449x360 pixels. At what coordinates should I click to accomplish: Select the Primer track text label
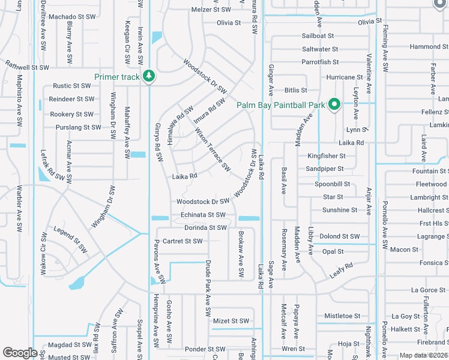tap(116, 77)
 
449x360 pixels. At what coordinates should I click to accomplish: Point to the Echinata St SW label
tap(203, 215)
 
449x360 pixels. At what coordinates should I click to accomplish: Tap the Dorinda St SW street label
tap(205, 228)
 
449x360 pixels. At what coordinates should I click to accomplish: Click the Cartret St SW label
tap(182, 241)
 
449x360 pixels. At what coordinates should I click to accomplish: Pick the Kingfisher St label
tap(327, 156)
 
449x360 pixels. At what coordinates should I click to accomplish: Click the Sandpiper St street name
tap(324, 169)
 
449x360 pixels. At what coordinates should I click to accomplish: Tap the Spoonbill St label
tap(332, 184)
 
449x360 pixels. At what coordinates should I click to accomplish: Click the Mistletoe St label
tap(342, 316)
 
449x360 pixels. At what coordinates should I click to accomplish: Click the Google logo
tap(20, 353)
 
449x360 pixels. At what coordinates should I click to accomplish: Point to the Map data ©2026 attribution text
tap(423, 355)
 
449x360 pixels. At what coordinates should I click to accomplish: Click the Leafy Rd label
tap(341, 270)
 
